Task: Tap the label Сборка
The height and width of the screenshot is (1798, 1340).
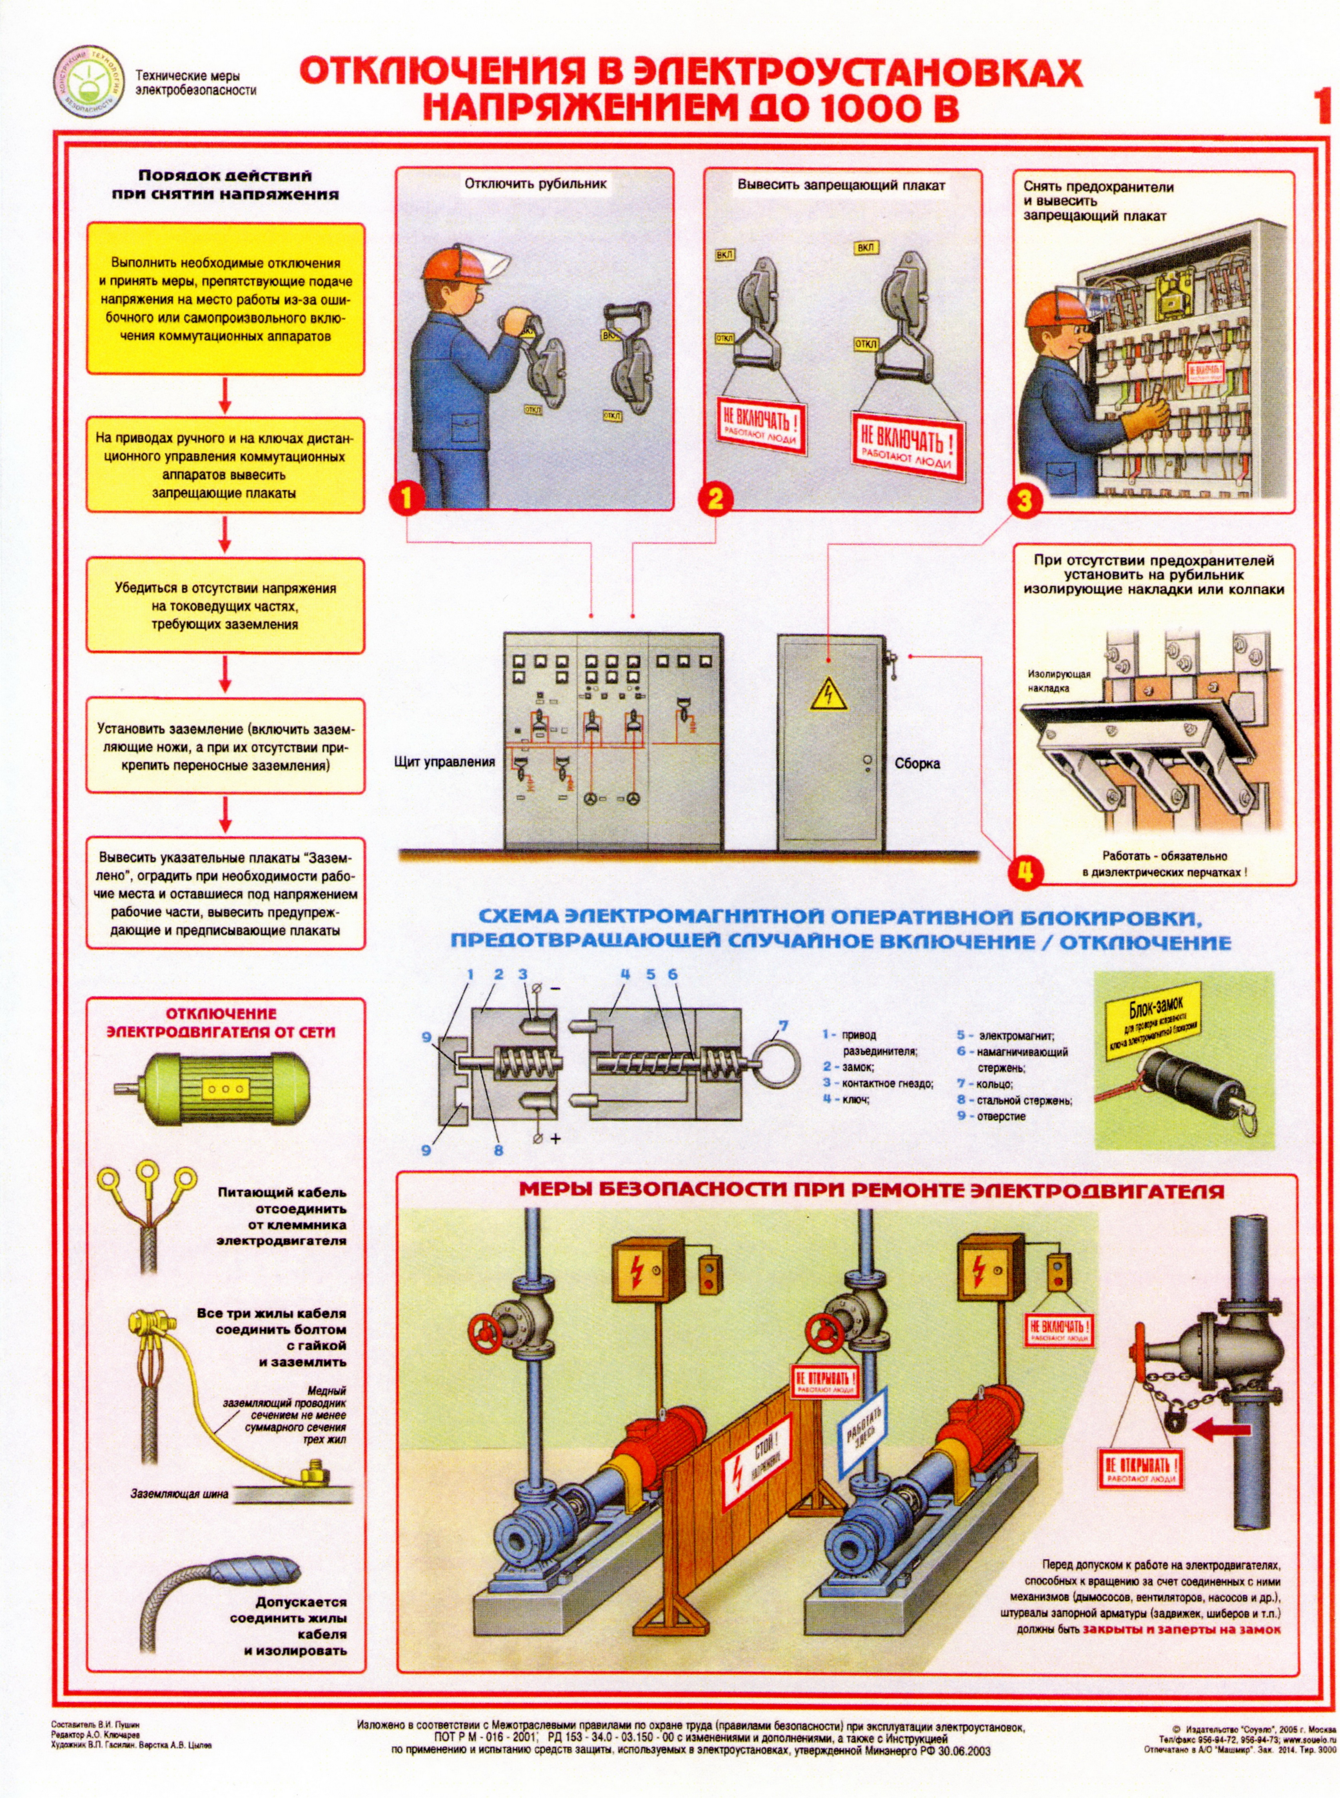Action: [918, 762]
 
